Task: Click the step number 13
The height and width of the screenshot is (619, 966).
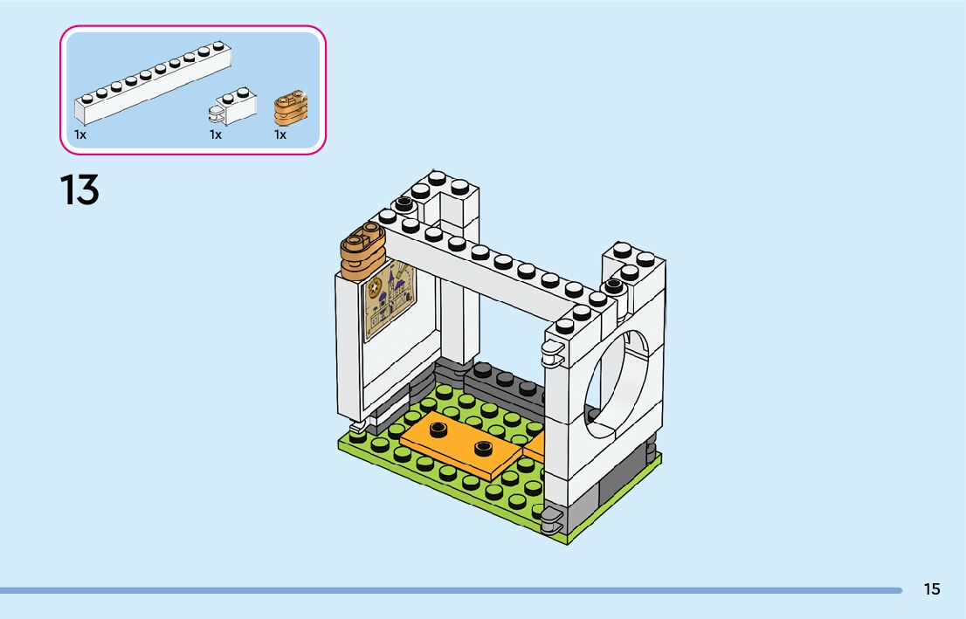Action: [79, 189]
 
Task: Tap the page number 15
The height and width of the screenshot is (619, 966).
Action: [932, 589]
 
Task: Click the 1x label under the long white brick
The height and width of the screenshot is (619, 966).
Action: [80, 134]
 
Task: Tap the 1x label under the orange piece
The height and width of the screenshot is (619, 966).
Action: [280, 134]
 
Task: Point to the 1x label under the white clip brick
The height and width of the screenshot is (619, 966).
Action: [216, 134]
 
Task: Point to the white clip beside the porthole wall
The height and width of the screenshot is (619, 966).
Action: [551, 351]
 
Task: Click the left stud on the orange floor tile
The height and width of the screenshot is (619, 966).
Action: [438, 428]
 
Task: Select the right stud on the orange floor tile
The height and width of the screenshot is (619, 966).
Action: [482, 448]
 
